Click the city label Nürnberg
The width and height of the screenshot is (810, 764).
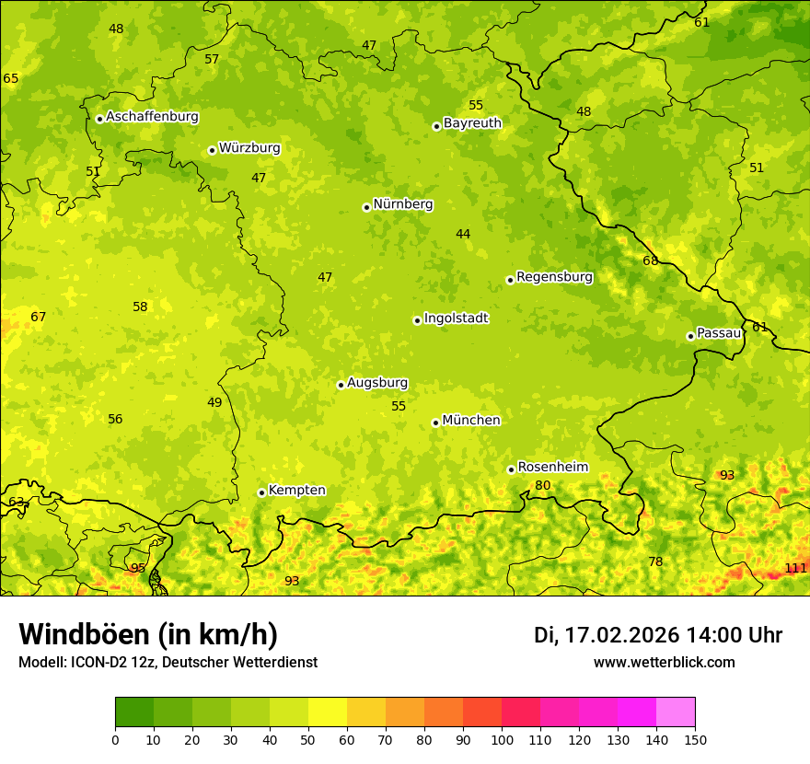[x=402, y=204]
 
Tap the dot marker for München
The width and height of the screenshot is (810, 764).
[x=435, y=423]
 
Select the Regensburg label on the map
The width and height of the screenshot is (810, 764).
[x=554, y=277]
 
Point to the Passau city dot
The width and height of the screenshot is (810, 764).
[x=690, y=336]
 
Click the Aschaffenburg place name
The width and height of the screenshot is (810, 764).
[x=152, y=117]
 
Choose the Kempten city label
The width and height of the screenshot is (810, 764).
[x=296, y=491]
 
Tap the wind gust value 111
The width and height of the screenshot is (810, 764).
[x=795, y=568]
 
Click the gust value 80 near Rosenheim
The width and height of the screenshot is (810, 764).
[x=543, y=486]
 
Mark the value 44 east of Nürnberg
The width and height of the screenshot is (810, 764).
[x=463, y=235]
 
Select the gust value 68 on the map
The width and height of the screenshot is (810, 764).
[x=651, y=261]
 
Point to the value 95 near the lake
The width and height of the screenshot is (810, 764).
[x=138, y=568]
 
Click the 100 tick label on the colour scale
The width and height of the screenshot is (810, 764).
[x=502, y=739]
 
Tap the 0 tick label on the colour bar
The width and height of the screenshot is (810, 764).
[x=115, y=739]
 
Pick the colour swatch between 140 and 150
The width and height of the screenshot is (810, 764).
[x=676, y=712]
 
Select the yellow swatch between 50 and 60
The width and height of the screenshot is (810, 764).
[x=328, y=712]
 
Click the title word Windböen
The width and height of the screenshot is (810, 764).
[x=84, y=634]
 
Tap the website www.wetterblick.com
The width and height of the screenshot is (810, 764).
[x=664, y=662]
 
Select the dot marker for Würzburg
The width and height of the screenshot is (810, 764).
[x=212, y=150]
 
